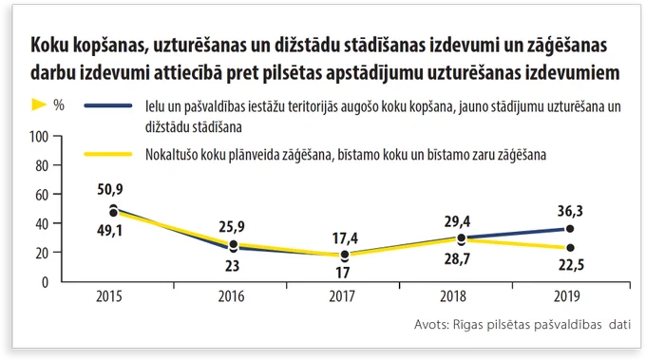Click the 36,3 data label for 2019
point(570,211)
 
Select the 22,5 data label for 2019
point(571,264)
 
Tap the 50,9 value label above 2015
point(110,189)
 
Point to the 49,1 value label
point(109,230)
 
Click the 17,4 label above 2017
point(345,238)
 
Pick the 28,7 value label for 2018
point(457,259)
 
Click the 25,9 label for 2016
point(232,227)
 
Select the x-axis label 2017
point(342,296)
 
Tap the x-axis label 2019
point(566,296)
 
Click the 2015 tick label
point(109,296)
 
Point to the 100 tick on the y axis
point(39,137)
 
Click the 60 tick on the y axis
point(42,195)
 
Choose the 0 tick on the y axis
point(45,282)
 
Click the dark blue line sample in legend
point(108,105)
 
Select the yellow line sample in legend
point(108,155)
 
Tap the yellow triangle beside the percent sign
point(38,104)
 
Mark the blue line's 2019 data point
point(570,229)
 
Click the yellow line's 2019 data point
point(570,248)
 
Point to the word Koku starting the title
point(49,45)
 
